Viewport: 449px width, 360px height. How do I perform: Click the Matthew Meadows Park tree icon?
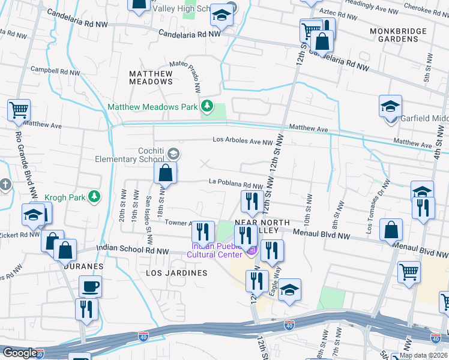click(x=207, y=107)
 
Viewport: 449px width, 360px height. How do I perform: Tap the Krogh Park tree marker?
click(x=94, y=196)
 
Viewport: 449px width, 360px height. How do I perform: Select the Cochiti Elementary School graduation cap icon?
click(x=173, y=154)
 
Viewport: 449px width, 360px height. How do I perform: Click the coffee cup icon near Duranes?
click(x=90, y=286)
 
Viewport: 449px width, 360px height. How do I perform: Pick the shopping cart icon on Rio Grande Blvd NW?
click(x=19, y=110)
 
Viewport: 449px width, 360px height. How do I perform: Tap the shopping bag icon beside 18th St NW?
click(x=165, y=173)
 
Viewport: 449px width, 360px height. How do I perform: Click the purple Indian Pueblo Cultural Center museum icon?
click(x=252, y=250)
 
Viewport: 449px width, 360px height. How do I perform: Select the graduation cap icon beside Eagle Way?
click(x=289, y=290)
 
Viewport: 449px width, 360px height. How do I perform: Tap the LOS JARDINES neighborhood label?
click(x=176, y=273)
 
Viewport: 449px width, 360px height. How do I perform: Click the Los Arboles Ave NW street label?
click(x=243, y=142)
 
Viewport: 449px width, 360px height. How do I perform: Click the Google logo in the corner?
click(x=20, y=353)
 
